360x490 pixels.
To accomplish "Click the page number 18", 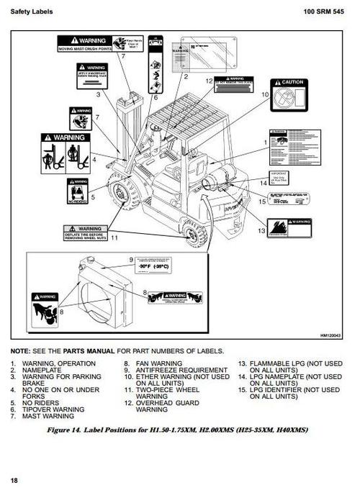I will (15, 480).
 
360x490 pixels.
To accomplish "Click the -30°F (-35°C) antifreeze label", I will (159, 266).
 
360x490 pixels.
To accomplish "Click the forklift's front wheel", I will (120, 195).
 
